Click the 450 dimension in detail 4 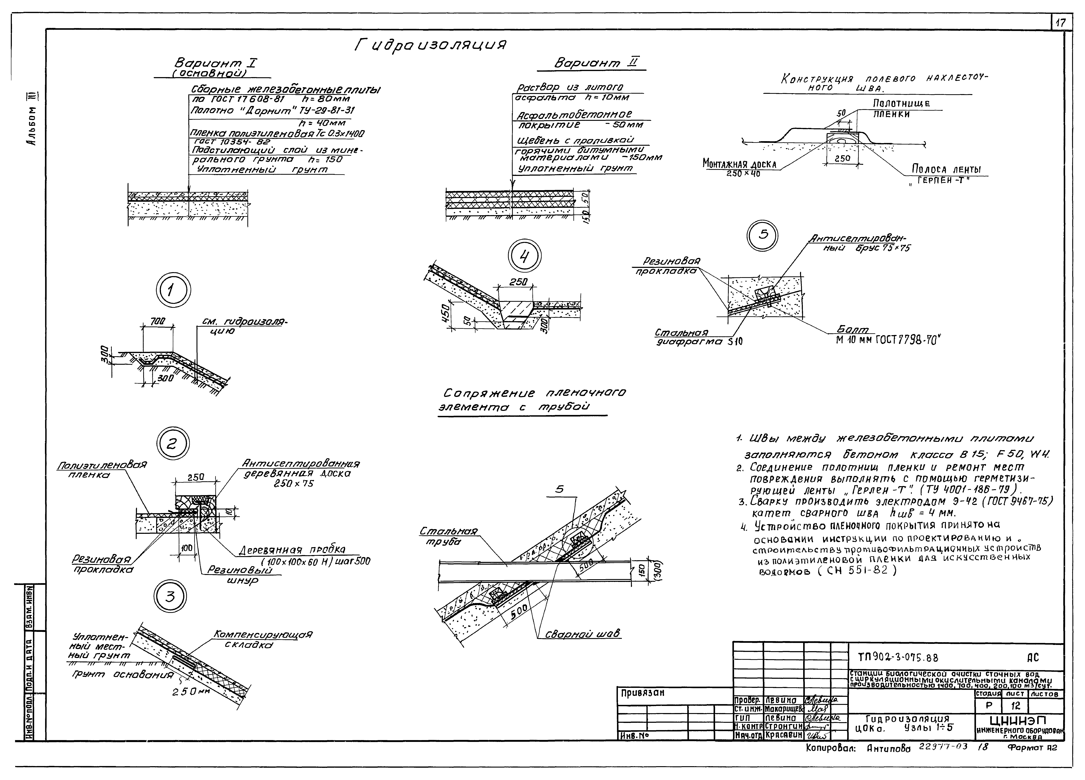[446, 313]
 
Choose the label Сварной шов [583, 634]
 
